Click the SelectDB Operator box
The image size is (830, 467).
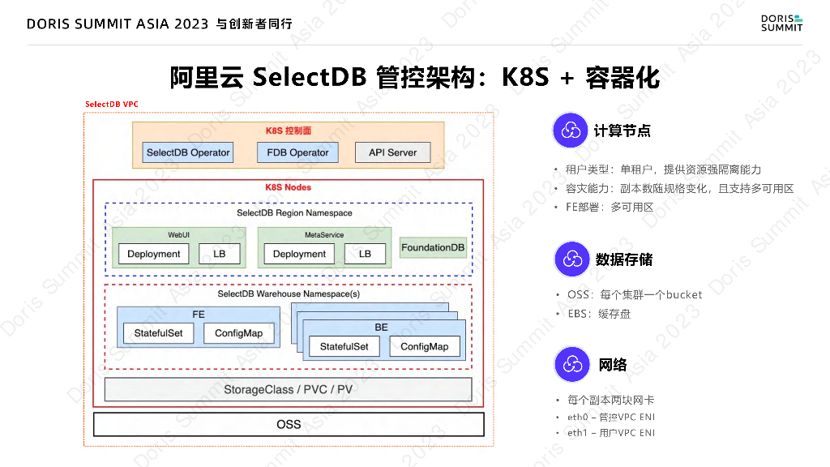click(188, 152)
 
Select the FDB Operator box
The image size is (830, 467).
click(297, 152)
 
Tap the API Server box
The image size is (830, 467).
click(392, 152)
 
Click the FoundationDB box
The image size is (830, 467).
click(433, 247)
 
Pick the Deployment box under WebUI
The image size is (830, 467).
click(153, 254)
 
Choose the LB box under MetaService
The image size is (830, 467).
click(365, 254)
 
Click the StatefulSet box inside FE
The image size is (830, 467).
click(158, 333)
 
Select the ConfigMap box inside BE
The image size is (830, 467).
click(424, 346)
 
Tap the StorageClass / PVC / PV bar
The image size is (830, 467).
click(288, 389)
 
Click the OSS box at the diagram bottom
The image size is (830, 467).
click(288, 424)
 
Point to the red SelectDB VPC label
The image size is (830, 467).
click(111, 105)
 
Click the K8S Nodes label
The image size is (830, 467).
click(288, 187)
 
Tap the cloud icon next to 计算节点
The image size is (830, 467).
click(571, 131)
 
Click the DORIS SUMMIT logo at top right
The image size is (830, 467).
click(781, 22)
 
